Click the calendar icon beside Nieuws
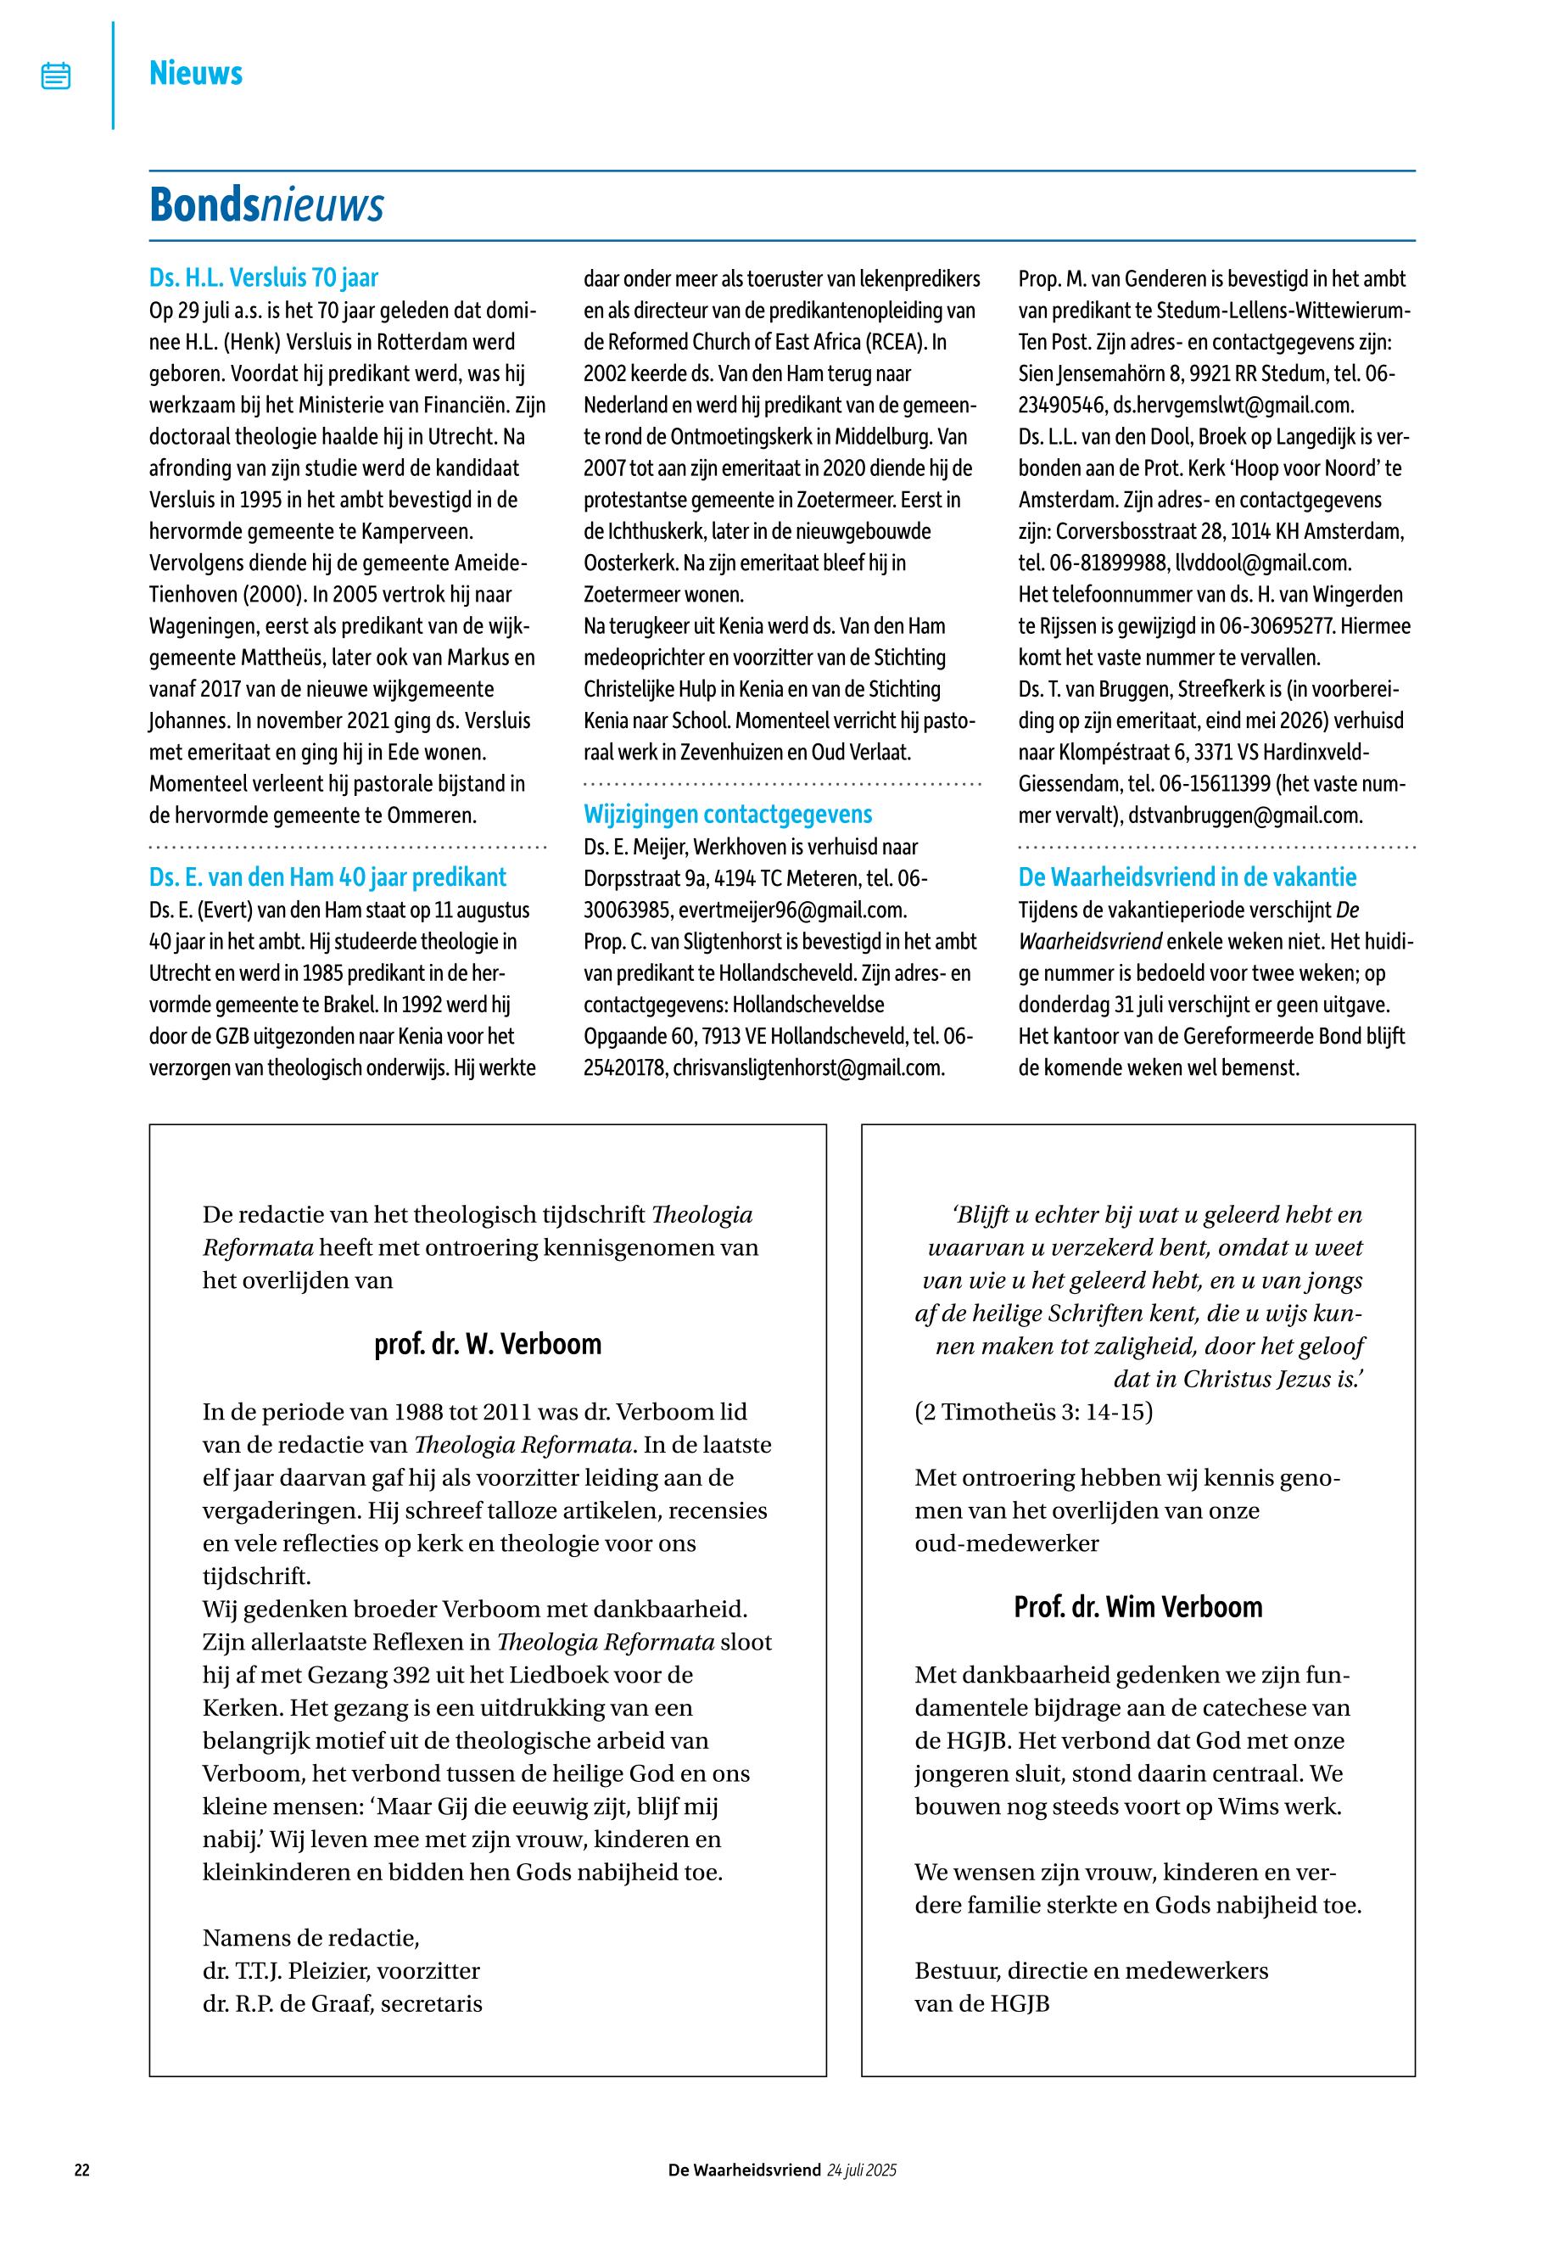(x=56, y=76)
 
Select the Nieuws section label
(x=195, y=74)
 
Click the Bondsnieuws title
(x=265, y=205)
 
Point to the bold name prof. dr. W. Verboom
(x=488, y=1344)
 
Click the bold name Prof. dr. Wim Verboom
(x=1137, y=1607)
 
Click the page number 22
(x=82, y=2170)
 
